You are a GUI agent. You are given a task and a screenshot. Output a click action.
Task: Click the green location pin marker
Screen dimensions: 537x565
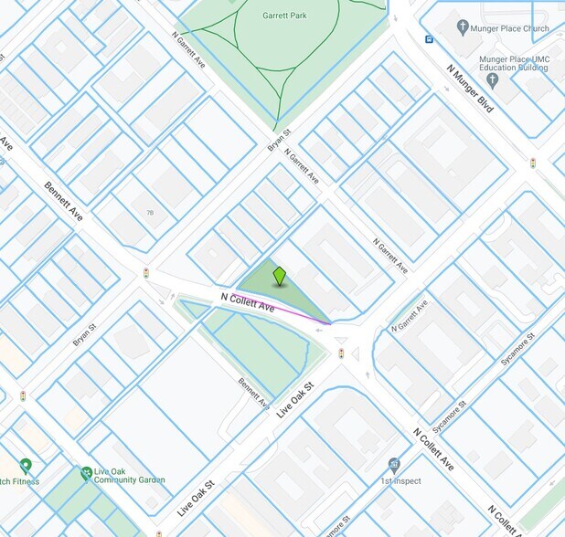[280, 276]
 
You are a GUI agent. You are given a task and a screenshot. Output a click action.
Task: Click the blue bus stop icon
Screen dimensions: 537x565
[428, 39]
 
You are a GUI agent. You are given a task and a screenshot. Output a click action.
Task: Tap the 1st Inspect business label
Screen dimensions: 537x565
[400, 480]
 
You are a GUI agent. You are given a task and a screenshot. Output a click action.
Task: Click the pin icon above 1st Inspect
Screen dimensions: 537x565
[394, 464]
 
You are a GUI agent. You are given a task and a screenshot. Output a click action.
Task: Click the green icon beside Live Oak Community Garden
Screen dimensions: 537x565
[86, 472]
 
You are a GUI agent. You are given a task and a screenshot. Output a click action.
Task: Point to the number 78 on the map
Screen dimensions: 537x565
[150, 212]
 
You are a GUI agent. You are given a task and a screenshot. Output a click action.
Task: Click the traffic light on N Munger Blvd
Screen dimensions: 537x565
[532, 163]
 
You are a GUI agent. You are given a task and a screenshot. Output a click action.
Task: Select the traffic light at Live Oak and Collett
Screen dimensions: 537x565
[341, 353]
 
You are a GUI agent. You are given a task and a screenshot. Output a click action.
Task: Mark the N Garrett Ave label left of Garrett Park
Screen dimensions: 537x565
[191, 49]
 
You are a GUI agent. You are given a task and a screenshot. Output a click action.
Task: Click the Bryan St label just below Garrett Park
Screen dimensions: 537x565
[278, 139]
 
